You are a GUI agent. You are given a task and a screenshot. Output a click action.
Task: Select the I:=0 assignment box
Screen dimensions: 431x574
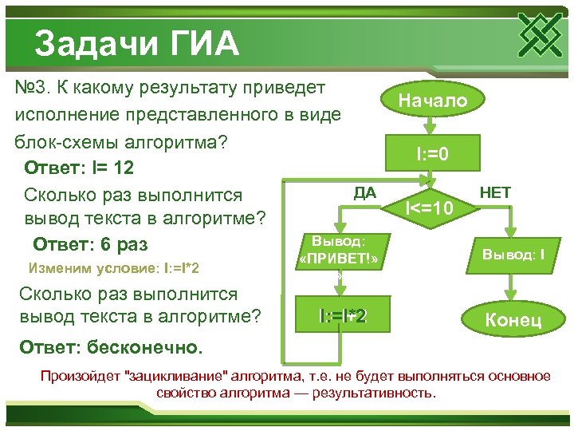tap(431, 152)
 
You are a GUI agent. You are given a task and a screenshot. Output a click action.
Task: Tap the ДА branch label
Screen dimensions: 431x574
tap(364, 192)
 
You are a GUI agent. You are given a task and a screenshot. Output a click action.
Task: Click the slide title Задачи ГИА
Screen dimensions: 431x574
tap(136, 43)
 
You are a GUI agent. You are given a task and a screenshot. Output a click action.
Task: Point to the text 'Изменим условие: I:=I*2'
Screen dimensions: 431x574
tap(113, 267)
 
